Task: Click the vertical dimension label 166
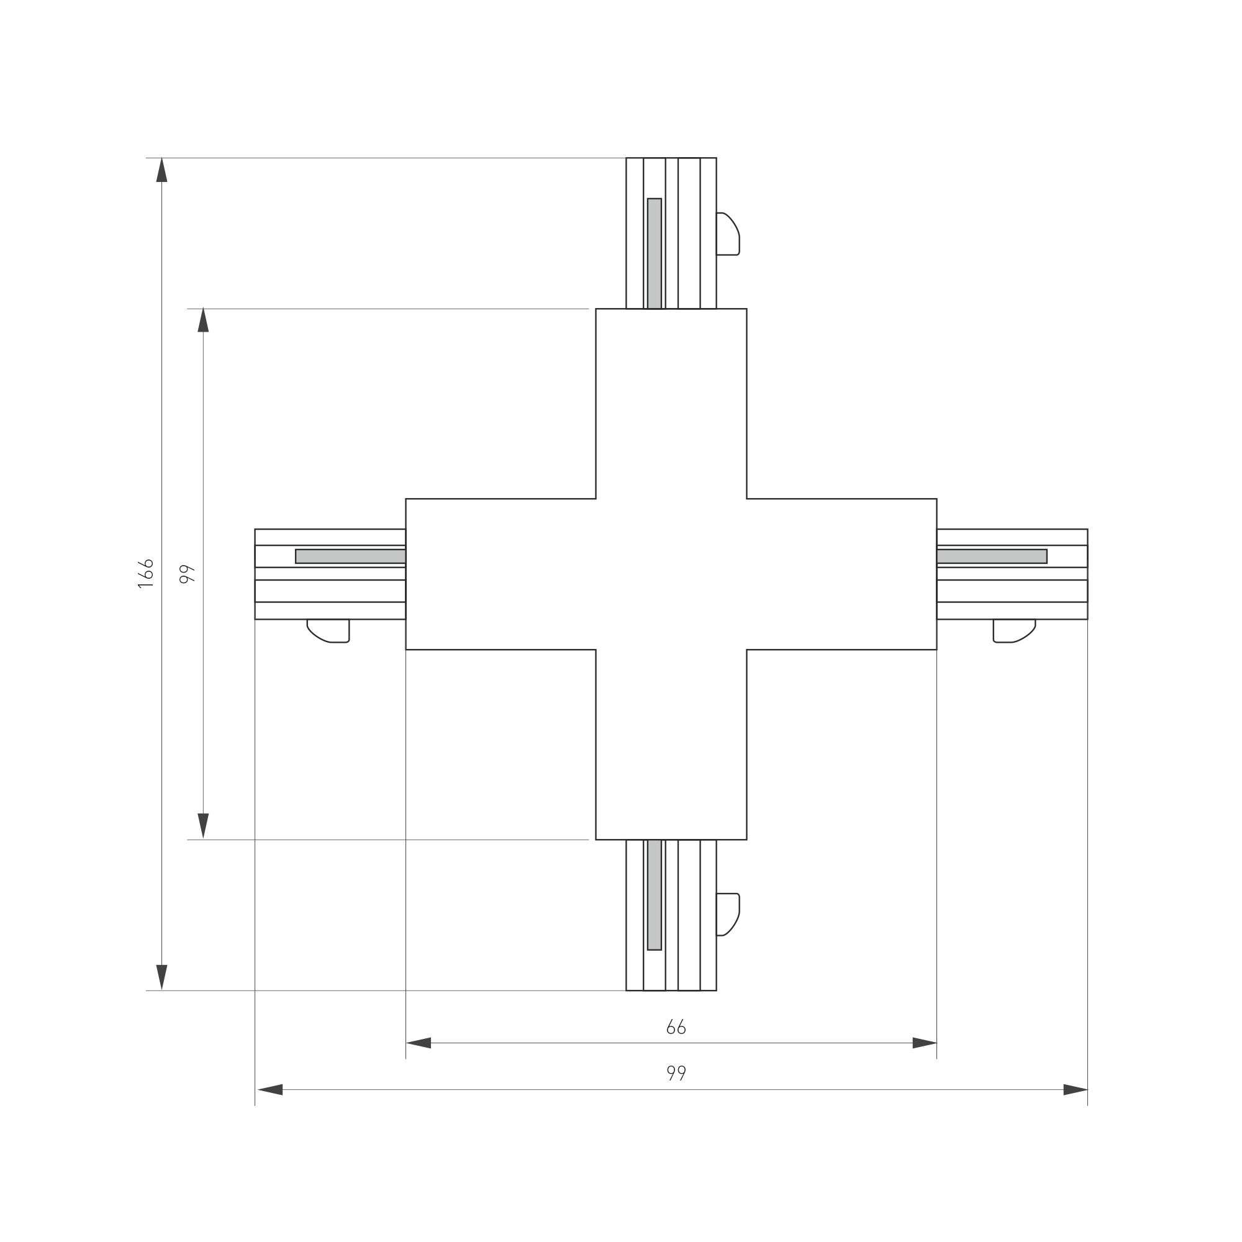[146, 573]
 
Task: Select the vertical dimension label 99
[187, 574]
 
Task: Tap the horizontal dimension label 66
[676, 1027]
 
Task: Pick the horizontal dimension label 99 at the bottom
[676, 1073]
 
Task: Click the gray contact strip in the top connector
[655, 253]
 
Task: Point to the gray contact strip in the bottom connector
[655, 894]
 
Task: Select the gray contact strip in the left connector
[350, 556]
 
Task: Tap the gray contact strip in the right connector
[992, 556]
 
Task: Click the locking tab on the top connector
[728, 233]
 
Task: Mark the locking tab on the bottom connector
[728, 914]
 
